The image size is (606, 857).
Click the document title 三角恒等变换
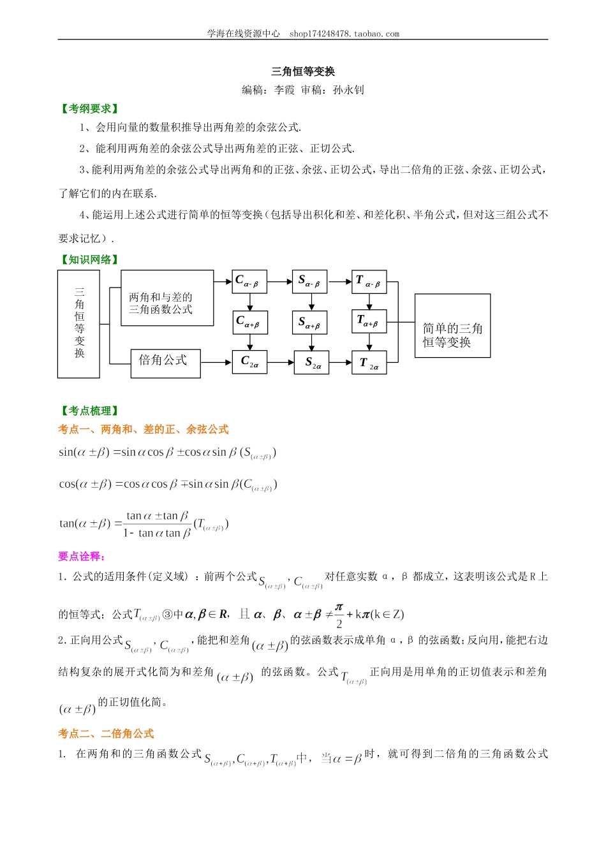pos(303,71)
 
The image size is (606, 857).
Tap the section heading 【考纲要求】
pos(89,109)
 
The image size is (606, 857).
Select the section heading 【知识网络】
pos(89,260)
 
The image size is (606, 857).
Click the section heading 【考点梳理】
pos(89,411)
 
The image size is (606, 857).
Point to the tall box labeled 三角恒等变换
pos(78,324)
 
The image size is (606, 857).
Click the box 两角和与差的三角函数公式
pos(167,298)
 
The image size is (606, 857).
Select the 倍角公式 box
pos(165,363)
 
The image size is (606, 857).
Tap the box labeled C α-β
pos(249,281)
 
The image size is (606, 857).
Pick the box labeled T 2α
pos(369,363)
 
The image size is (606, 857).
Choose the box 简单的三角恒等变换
pos(452,325)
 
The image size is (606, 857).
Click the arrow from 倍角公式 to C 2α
pos(216,363)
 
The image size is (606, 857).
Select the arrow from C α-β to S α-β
pos(279,281)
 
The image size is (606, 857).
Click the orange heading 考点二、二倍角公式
pos(106,734)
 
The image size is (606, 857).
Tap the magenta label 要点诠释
pos(82,557)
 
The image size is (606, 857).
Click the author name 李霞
pos(285,90)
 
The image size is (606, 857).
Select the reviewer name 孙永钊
pos(348,90)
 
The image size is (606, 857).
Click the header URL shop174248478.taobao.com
pos(344,34)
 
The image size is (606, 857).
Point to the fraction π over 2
pos(339,615)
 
